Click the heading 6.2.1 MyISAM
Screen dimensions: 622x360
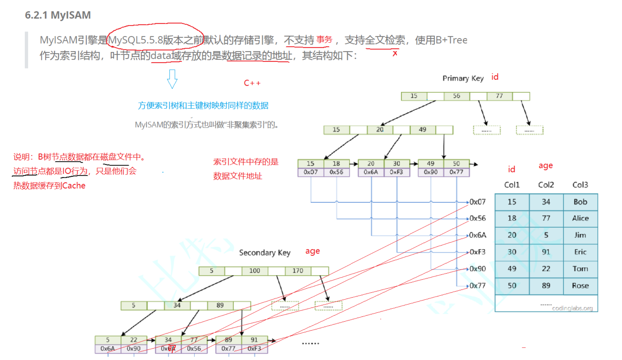coord(58,15)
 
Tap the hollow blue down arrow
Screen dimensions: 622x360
coord(172,79)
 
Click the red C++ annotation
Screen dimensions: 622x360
coord(252,83)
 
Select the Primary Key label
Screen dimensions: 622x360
coord(463,78)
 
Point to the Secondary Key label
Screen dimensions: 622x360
coord(264,253)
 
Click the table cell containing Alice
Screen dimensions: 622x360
coord(580,218)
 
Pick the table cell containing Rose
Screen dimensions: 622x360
coord(580,286)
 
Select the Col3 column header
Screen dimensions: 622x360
coord(580,185)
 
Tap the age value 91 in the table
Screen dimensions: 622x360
coord(546,252)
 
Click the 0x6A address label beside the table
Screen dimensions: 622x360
coord(477,235)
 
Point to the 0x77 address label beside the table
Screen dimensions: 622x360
coord(477,286)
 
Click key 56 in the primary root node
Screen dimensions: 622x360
coord(457,96)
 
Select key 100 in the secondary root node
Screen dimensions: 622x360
coord(255,271)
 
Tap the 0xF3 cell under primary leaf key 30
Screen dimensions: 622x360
coord(396,172)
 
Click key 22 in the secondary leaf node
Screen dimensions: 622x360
coord(134,340)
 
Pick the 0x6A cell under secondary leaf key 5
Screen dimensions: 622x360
coord(108,349)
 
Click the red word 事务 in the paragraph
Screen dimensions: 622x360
coord(324,40)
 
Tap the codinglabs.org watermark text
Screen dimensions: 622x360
coord(572,308)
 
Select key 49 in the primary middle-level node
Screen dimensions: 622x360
coord(422,130)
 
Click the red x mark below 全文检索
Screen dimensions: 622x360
coord(395,53)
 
